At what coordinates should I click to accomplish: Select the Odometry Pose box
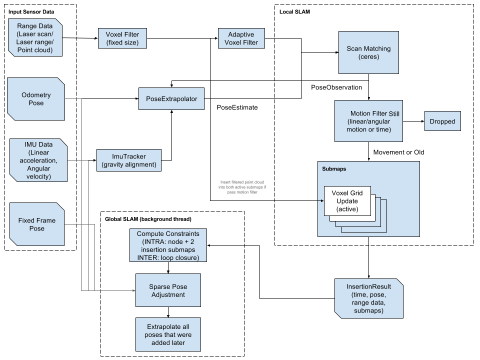tap(36, 99)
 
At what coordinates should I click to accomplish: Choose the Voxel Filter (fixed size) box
tap(122, 38)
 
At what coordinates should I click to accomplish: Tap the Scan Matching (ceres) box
tap(368, 53)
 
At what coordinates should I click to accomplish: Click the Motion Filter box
tap(368, 120)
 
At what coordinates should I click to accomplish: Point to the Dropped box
tap(442, 121)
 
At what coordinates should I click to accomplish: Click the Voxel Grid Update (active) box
tap(347, 200)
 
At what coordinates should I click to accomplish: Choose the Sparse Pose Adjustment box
tap(168, 290)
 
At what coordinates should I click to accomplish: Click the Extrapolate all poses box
tap(168, 334)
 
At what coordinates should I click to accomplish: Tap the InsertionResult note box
tap(368, 298)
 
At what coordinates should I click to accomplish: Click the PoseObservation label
tap(336, 87)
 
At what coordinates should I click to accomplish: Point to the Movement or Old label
tap(398, 152)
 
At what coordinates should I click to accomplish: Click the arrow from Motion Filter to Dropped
tap(413, 121)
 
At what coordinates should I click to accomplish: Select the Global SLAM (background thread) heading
tap(147, 219)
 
